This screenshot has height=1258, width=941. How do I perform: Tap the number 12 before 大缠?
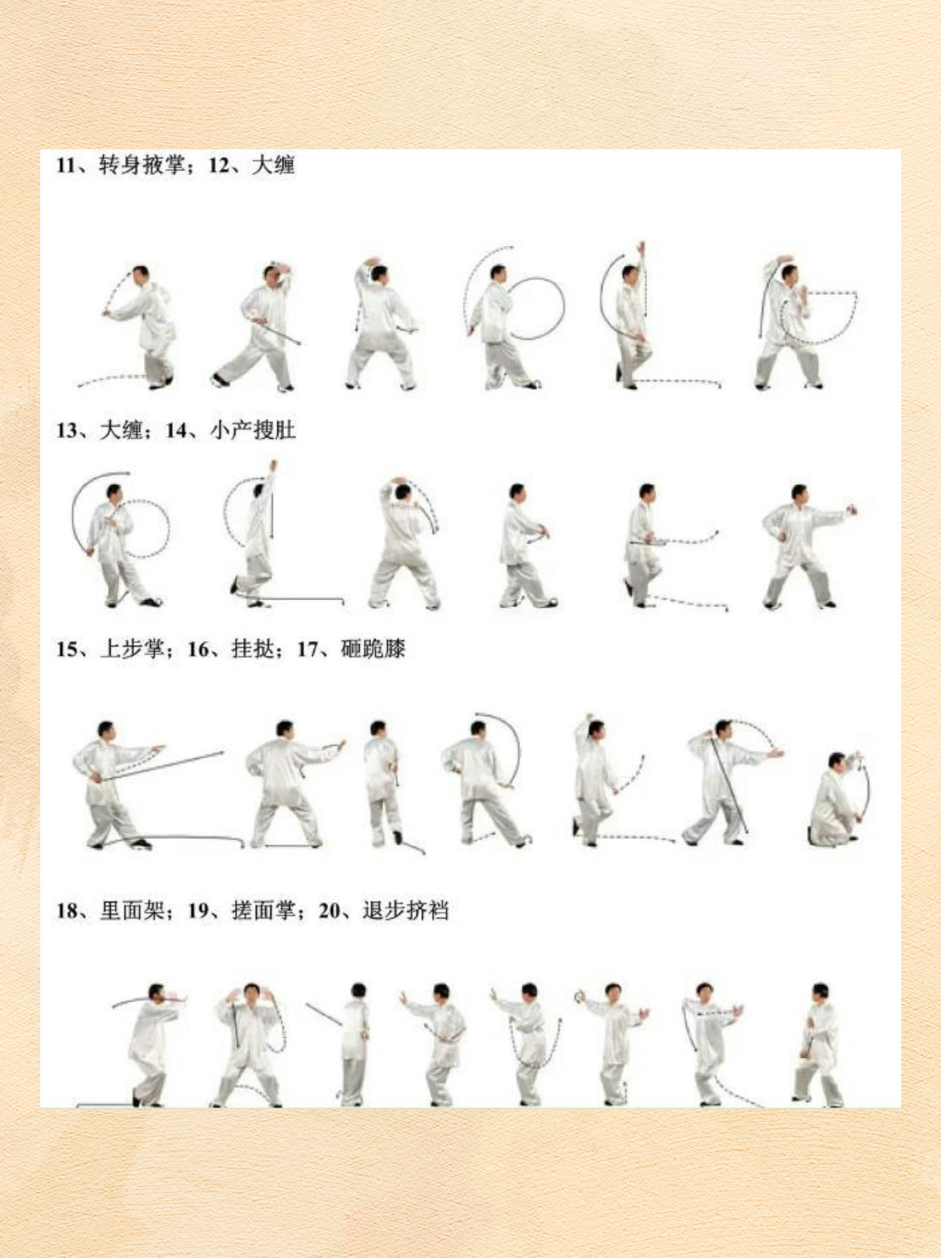pos(220,166)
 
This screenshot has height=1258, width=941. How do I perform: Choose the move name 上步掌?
pos(132,649)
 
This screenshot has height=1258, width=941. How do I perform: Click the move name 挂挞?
pos(253,649)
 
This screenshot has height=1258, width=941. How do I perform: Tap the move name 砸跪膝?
pos(373,649)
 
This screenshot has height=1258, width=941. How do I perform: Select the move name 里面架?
pos(132,910)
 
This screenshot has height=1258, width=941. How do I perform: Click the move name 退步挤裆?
pos(405,910)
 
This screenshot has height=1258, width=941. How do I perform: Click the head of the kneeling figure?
pos(836,761)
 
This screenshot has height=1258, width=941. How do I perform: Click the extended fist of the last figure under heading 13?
pos(853,509)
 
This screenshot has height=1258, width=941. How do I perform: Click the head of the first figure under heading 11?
pos(140,273)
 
